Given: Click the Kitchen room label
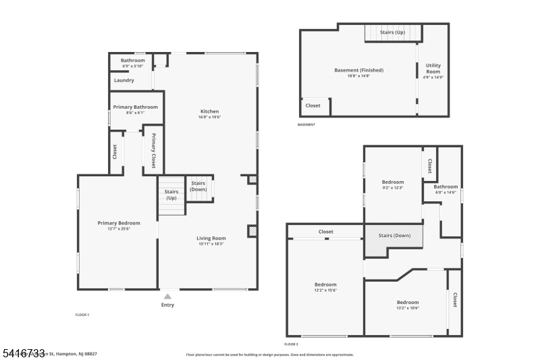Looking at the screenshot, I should click(209, 111).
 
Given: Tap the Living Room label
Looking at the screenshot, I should click(211, 238).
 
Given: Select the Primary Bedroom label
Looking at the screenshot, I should click(119, 223).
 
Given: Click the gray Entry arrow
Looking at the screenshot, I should click(167, 296).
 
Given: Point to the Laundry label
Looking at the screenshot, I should click(124, 80).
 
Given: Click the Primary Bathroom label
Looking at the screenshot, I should click(135, 107).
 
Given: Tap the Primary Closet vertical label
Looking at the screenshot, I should click(154, 150).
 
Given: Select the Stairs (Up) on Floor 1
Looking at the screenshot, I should click(171, 195).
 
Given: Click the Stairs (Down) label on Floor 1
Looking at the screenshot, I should click(198, 186).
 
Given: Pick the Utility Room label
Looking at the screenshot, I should click(433, 68).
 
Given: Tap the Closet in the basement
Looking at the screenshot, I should click(313, 105).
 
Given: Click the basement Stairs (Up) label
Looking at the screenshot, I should click(392, 32).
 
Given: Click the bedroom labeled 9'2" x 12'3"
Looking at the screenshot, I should click(393, 182).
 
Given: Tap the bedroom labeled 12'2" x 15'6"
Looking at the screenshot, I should click(325, 284).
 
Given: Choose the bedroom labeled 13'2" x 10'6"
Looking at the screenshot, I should click(407, 302).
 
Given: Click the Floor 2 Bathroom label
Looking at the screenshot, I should click(446, 187).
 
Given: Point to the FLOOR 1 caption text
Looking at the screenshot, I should click(82, 315).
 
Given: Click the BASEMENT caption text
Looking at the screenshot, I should click(306, 124).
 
